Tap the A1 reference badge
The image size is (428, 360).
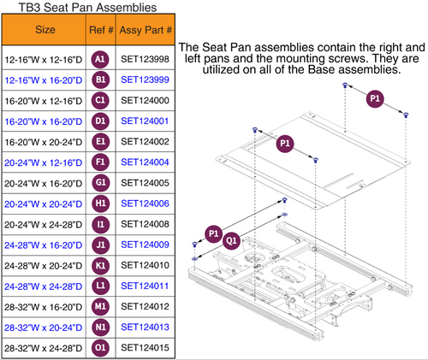click(x=99, y=59)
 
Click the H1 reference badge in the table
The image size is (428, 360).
click(x=99, y=203)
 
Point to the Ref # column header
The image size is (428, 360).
click(x=99, y=31)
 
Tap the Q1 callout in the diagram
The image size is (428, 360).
click(x=230, y=241)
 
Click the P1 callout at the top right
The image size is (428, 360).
click(x=374, y=100)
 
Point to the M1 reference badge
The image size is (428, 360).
click(x=99, y=305)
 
